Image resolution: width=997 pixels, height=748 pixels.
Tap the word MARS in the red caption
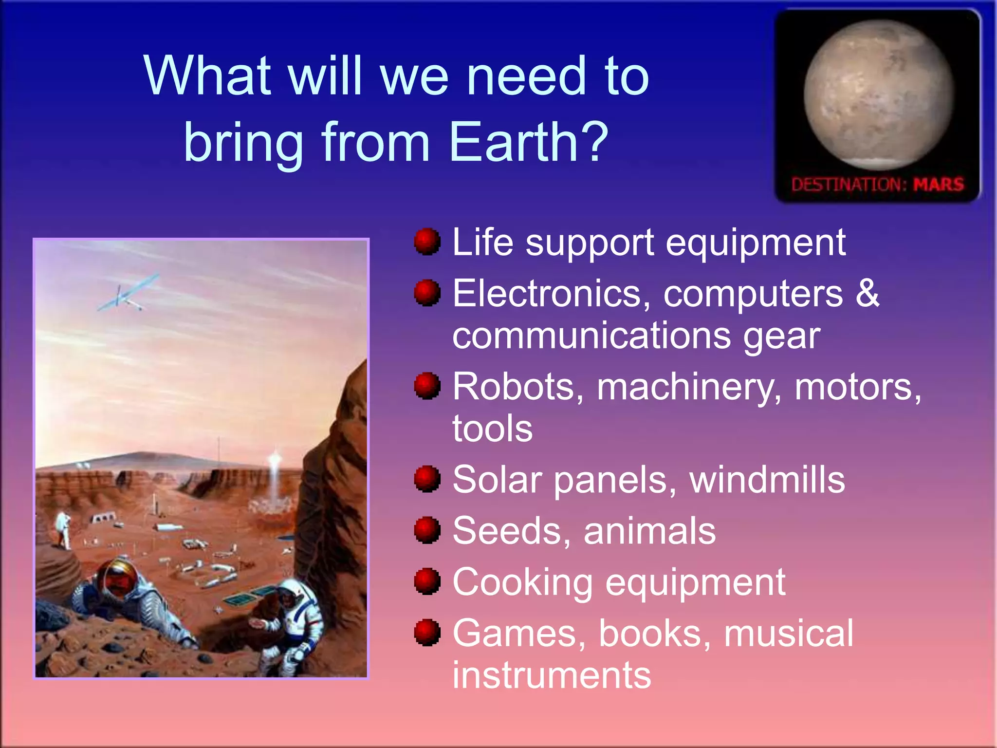point(938,185)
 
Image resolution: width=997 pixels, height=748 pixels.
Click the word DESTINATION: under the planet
point(849,185)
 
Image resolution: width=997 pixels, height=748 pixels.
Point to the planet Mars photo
point(879,95)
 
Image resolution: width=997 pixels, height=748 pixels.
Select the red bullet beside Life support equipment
point(427,242)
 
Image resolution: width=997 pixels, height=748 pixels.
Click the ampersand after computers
point(868,293)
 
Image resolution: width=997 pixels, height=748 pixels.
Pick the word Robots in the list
point(517,387)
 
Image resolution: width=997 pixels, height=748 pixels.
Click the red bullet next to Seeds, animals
point(427,530)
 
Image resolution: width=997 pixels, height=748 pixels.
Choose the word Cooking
point(522,582)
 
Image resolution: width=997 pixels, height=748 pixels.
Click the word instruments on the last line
point(552,675)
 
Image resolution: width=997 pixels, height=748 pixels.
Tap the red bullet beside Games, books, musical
point(427,633)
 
